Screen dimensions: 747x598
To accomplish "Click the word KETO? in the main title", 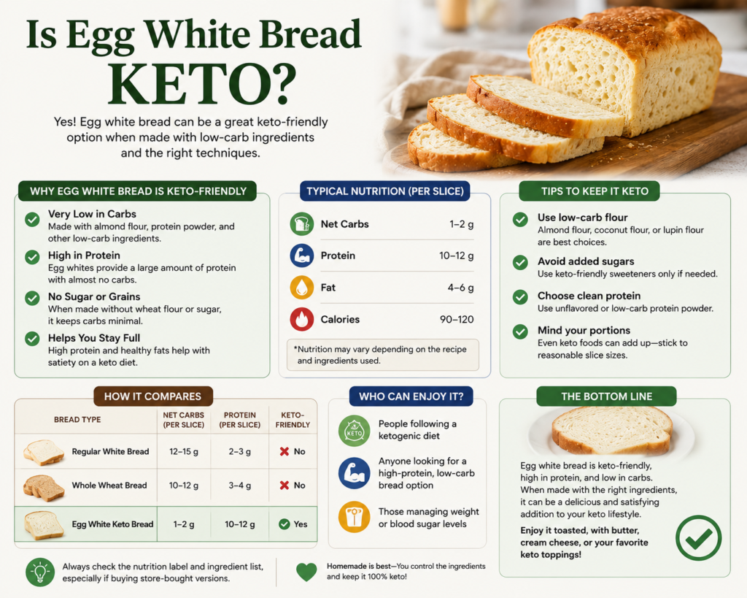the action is click(202, 83).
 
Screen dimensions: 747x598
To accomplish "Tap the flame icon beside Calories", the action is click(301, 319).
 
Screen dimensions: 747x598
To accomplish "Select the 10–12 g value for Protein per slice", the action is click(457, 256).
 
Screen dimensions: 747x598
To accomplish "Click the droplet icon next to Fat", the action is click(301, 287).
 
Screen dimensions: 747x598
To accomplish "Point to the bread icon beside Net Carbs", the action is click(301, 223).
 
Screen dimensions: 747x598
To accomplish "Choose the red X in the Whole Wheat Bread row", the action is click(285, 485).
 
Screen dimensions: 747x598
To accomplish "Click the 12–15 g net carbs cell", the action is click(184, 451).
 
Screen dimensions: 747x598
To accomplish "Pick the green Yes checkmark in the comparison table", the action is click(285, 524).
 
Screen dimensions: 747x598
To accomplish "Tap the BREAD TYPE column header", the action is click(77, 420).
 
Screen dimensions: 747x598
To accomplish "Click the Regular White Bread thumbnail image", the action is click(44, 452).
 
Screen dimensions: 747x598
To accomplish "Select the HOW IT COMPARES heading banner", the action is click(153, 396).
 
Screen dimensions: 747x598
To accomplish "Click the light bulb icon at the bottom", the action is click(40, 572).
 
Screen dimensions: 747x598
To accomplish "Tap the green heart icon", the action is click(306, 572).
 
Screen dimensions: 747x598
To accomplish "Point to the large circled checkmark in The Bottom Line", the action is click(698, 538).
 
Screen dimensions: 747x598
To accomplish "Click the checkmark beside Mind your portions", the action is click(520, 331).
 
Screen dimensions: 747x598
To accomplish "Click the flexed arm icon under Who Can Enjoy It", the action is click(354, 473).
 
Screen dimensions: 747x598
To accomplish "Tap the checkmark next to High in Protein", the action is click(32, 257).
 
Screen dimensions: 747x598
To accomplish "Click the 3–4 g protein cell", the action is click(239, 486).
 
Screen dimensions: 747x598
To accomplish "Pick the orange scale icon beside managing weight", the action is click(354, 517).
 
